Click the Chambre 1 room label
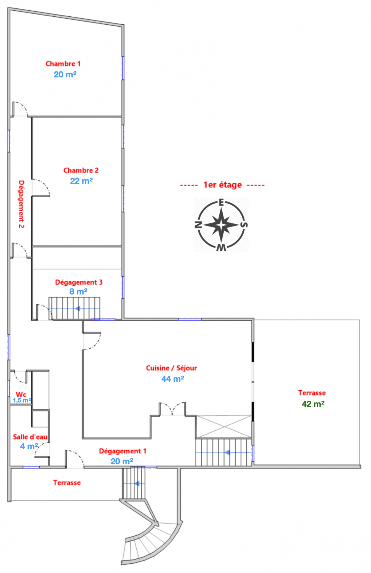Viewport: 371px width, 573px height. point(63,64)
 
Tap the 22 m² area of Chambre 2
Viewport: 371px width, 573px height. point(81,181)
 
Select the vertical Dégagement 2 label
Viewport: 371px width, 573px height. point(21,204)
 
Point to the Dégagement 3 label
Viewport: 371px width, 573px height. point(79,282)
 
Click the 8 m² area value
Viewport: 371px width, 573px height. point(78,292)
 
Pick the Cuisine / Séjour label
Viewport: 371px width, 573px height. point(171,368)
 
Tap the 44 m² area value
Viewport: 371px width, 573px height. point(173,379)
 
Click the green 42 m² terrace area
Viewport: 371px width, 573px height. point(313,404)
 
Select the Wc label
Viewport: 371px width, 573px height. point(21,395)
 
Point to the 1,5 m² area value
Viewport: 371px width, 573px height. point(22,400)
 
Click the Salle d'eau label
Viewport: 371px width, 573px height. point(30,437)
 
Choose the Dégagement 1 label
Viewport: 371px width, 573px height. point(123,451)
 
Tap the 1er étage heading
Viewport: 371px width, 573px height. point(222,185)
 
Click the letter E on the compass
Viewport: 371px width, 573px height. point(221,203)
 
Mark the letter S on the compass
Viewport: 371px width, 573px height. point(244,225)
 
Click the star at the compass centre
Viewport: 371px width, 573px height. point(221,225)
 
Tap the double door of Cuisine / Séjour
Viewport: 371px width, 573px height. point(172,409)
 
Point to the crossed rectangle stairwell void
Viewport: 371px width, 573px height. point(224,427)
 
